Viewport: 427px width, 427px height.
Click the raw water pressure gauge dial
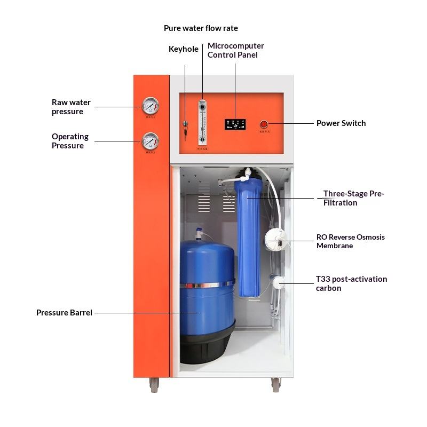(151, 106)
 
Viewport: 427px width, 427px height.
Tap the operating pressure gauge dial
(151, 141)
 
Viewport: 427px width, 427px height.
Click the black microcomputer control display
(235, 124)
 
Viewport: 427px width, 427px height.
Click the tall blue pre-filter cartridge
(249, 235)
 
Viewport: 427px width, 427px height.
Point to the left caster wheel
(154, 384)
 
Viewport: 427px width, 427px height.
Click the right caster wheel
(276, 384)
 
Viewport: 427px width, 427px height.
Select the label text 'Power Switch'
(341, 123)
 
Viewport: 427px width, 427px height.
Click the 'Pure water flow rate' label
(201, 28)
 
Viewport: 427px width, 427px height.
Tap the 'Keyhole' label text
(184, 49)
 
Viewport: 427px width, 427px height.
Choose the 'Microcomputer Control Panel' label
(235, 50)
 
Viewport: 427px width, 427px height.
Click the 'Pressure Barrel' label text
(64, 313)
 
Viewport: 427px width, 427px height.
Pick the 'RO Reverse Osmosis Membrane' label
(350, 241)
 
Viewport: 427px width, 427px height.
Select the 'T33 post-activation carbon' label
(351, 283)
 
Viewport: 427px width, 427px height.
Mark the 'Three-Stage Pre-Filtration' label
(353, 198)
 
